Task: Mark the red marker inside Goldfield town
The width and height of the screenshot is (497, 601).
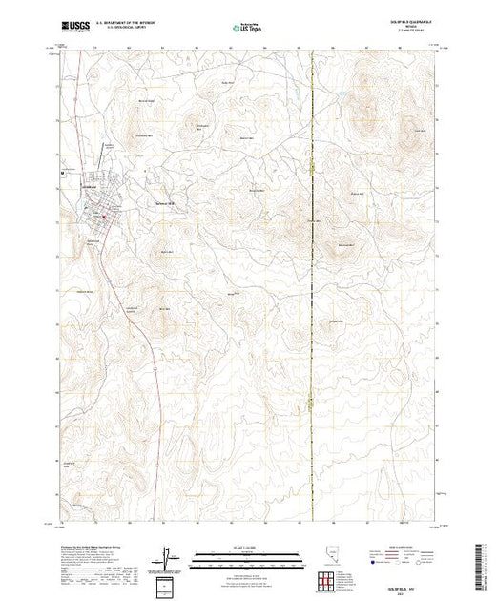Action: tap(104, 219)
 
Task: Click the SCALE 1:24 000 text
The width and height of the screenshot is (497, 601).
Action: tap(248, 546)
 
